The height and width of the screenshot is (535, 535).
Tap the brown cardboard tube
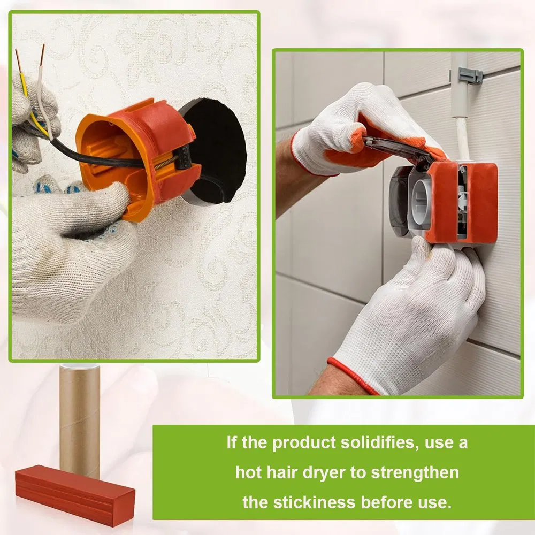coord(79,417)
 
